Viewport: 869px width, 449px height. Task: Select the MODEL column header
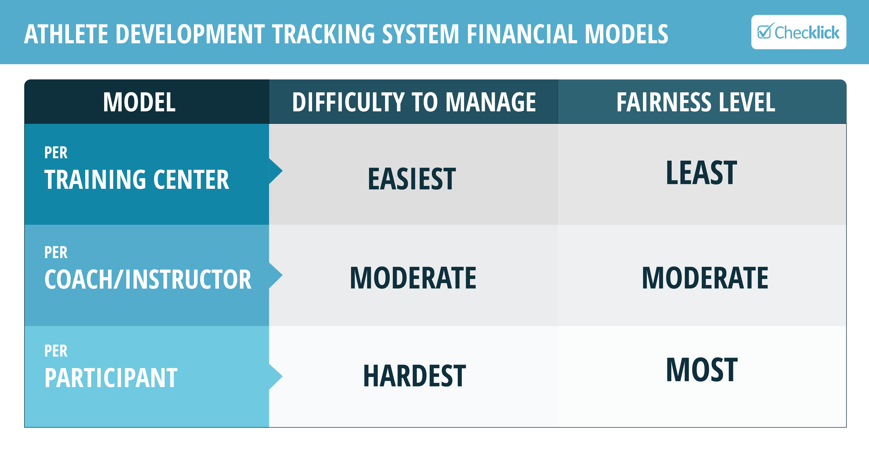(139, 102)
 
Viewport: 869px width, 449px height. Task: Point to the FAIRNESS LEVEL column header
(696, 102)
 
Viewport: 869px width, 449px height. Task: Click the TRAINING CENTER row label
(137, 179)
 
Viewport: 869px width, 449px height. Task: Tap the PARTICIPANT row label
(111, 378)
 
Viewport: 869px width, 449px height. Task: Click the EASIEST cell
(412, 179)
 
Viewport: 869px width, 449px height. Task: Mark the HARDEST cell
(415, 376)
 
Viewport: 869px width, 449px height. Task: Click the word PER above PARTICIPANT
(56, 351)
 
